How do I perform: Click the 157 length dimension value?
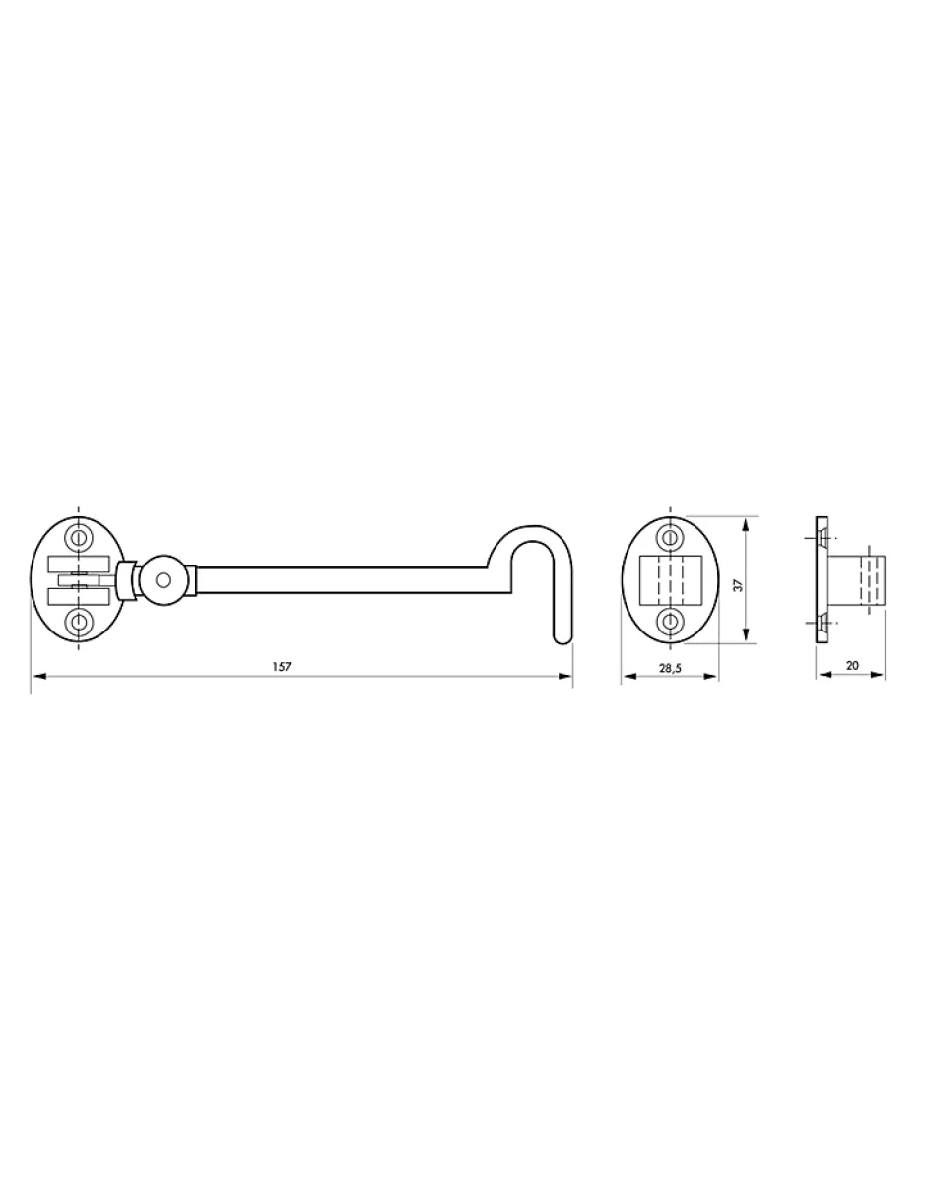click(x=281, y=667)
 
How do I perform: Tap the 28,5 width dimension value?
click(x=670, y=668)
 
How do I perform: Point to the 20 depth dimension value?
click(x=852, y=665)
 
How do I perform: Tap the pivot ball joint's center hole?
click(x=164, y=580)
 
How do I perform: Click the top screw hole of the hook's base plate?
click(x=78, y=537)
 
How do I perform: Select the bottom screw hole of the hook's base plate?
click(x=78, y=622)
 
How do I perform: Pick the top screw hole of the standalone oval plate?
click(x=670, y=537)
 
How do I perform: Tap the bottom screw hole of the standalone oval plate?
click(x=670, y=622)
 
